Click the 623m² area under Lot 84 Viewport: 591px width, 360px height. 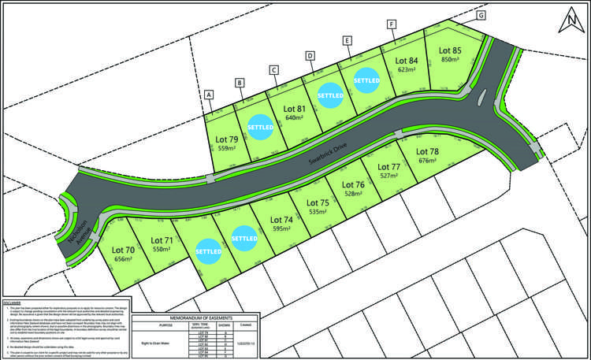click(x=407, y=69)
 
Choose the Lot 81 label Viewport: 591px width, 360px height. click(x=294, y=108)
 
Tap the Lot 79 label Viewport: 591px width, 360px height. click(x=226, y=139)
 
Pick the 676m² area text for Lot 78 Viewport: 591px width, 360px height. click(x=428, y=161)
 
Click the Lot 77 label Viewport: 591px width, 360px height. click(x=388, y=166)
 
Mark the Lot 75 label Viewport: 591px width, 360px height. click(x=318, y=202)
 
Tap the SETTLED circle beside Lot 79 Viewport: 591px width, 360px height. click(x=260, y=127)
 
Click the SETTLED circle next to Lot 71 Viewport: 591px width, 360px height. click(x=208, y=251)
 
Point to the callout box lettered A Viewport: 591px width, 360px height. click(x=209, y=95)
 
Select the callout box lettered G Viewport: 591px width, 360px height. click(x=481, y=15)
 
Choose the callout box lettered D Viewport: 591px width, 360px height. click(x=310, y=56)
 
